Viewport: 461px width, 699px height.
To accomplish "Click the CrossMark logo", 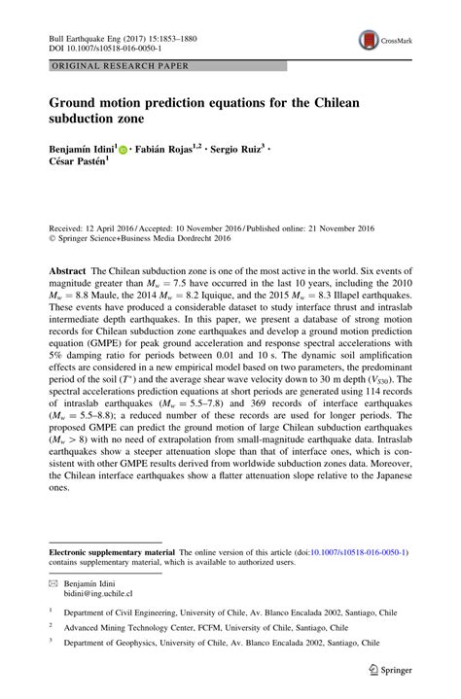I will pos(372,41).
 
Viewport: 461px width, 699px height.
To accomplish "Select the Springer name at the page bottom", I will pos(401,669).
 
